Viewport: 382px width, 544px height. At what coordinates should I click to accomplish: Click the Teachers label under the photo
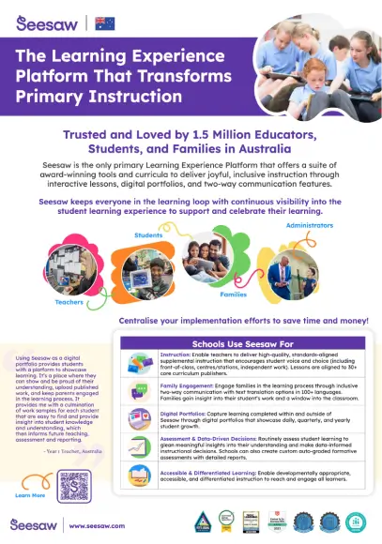pyautogui.click(x=69, y=302)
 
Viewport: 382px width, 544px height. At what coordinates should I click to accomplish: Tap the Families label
pyautogui.click(x=233, y=295)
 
